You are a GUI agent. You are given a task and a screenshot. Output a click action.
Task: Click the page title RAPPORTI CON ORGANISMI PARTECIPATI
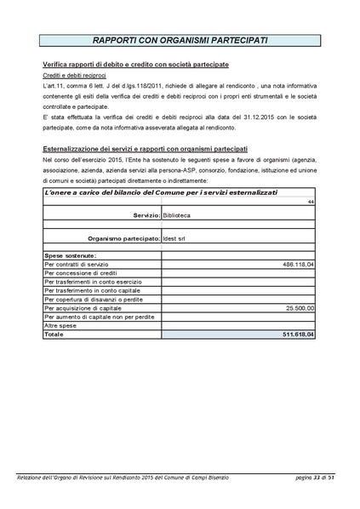pyautogui.click(x=180, y=41)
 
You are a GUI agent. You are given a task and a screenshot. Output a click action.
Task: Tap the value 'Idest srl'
pyautogui.click(x=176, y=239)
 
